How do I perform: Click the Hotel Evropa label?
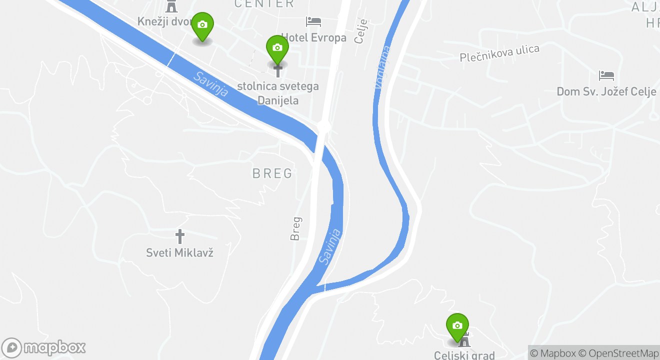point(314,38)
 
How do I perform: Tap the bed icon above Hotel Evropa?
point(313,21)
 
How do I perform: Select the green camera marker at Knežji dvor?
point(202,25)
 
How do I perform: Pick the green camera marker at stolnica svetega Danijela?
point(277,48)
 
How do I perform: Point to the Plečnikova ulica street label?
point(499,53)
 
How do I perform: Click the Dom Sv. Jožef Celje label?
point(606,92)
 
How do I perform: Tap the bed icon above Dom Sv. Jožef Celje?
point(606,75)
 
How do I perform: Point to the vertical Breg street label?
point(296,228)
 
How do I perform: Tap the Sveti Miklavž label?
point(180,252)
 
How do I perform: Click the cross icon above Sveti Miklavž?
point(180,236)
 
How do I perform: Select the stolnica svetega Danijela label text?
point(278,93)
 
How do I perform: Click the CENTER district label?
point(264,4)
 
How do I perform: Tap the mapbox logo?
point(44,347)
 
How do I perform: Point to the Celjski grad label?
point(464,355)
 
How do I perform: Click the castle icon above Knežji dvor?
point(171,6)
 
